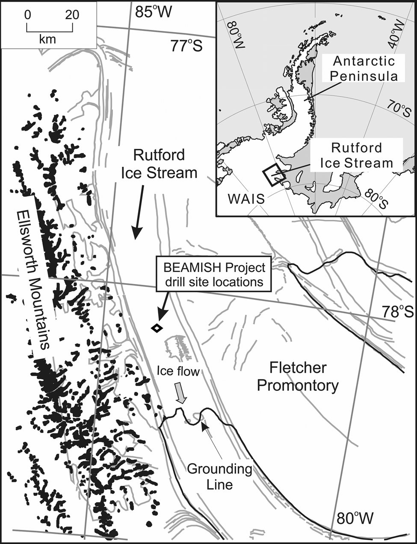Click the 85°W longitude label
[153, 12]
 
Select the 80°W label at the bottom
[355, 519]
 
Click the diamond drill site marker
[157, 328]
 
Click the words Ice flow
[178, 372]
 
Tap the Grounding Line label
[220, 476]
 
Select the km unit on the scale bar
[47, 39]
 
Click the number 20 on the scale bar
[72, 15]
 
